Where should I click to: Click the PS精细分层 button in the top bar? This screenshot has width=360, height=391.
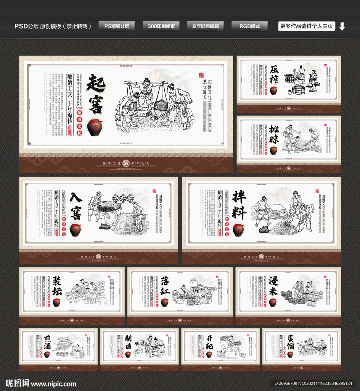click(x=117, y=26)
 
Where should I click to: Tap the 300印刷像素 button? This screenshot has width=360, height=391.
click(x=161, y=26)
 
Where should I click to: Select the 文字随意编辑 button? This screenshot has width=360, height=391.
click(x=206, y=26)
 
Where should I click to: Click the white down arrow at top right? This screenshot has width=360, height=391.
click(x=342, y=26)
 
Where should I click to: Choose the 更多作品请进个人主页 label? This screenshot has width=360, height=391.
click(x=307, y=26)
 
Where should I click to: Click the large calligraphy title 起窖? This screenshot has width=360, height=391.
click(x=95, y=94)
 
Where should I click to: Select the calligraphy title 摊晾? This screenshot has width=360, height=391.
click(x=274, y=134)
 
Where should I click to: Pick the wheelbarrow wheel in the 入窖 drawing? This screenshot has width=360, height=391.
click(x=111, y=218)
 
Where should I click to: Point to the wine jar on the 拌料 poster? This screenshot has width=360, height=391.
click(x=238, y=230)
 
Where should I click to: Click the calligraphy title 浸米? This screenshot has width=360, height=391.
click(x=273, y=286)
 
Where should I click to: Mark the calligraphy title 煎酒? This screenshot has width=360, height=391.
click(x=47, y=341)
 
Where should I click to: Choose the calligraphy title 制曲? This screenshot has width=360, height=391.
click(x=128, y=341)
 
